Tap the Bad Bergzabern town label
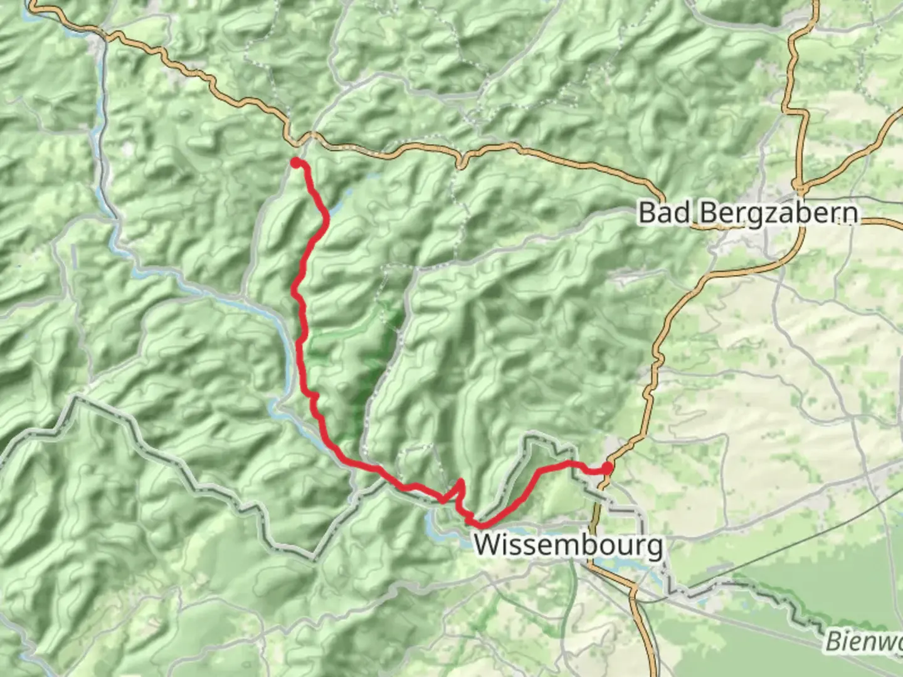747,213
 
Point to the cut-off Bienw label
864,641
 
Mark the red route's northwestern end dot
295,163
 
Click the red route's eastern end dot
607,467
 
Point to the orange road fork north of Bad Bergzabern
800,186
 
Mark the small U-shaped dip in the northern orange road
462,165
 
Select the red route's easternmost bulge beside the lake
327,216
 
